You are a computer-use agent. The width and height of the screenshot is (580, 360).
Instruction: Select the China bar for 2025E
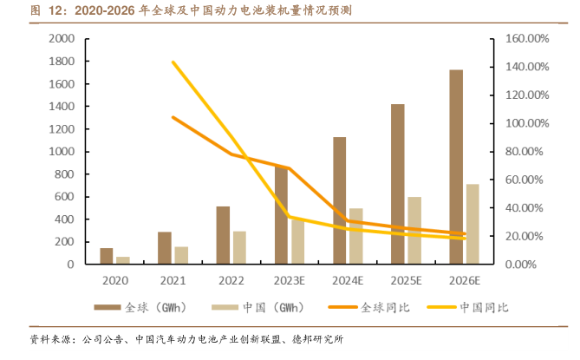coord(414,230)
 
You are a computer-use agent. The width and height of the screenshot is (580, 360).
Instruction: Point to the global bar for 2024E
coord(339,200)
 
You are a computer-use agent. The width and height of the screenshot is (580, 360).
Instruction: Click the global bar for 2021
coord(165,247)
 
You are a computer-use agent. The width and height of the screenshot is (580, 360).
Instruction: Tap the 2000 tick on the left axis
coord(62,39)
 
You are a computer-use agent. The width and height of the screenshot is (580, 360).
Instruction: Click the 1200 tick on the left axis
coord(62,129)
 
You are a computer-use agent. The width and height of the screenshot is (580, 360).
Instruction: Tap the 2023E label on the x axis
coord(289,281)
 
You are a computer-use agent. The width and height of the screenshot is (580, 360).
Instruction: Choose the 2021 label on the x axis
coord(172,281)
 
